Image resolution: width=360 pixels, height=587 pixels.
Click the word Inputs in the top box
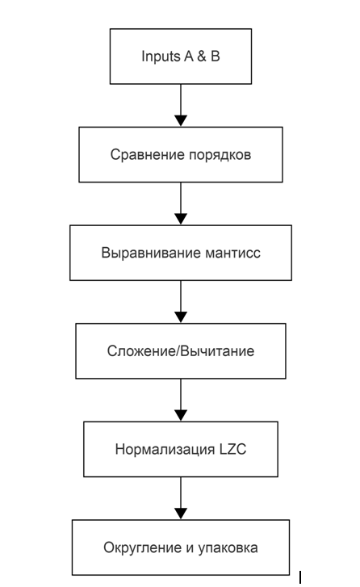pyautogui.click(x=161, y=57)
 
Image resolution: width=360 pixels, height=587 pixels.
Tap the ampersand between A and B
pyautogui.click(x=201, y=57)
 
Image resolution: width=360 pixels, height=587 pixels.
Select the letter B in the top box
pyautogui.click(x=216, y=57)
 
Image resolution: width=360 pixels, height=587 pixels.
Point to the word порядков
pyautogui.click(x=220, y=155)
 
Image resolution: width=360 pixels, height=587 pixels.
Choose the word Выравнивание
pyautogui.click(x=151, y=253)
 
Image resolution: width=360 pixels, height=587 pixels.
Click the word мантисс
pyautogui.click(x=232, y=254)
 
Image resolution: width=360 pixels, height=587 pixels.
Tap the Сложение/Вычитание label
pyautogui.click(x=181, y=351)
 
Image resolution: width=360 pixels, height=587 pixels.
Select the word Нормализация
pyautogui.click(x=165, y=449)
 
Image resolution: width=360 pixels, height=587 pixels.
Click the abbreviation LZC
pyautogui.click(x=232, y=449)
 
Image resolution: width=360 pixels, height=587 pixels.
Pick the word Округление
pyautogui.click(x=143, y=547)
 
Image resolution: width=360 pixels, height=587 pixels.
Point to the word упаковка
pyautogui.click(x=228, y=548)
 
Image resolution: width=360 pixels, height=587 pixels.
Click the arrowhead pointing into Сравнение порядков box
pyautogui.click(x=181, y=120)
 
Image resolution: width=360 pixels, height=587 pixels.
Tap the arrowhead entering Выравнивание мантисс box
pyautogui.click(x=181, y=219)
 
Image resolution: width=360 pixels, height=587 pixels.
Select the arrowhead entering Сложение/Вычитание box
pyautogui.click(x=181, y=317)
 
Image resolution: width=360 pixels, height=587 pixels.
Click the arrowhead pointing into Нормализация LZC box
pyautogui.click(x=181, y=415)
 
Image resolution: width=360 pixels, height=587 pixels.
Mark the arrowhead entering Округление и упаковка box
pyautogui.click(x=181, y=514)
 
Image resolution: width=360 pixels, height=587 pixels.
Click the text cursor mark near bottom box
pyautogui.click(x=300, y=577)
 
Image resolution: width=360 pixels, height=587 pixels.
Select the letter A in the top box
pyautogui.click(x=188, y=57)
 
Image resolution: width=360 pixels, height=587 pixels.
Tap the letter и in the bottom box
pyautogui.click(x=190, y=548)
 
